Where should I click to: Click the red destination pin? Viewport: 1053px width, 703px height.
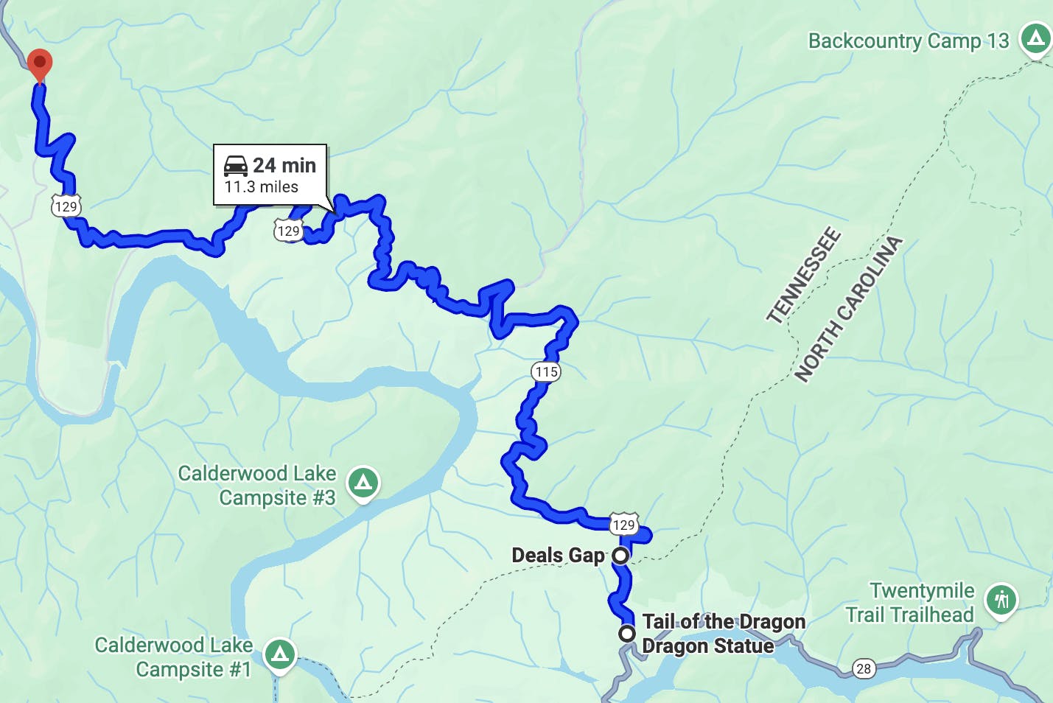coord(39,63)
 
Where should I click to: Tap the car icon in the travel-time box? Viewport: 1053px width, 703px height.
coord(236,166)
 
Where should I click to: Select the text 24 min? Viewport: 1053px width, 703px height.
coord(284,165)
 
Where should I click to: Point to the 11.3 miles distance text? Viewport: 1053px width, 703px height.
coord(261,187)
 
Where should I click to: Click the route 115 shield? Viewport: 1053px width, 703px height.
coord(546,371)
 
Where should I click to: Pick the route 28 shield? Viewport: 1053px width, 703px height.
coord(864,668)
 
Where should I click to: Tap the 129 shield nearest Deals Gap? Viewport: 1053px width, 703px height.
coord(623,524)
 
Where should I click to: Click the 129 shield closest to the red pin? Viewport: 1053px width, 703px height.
coord(66,206)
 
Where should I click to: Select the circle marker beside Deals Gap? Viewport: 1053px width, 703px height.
coord(620,555)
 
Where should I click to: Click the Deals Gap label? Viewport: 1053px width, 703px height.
coord(558,555)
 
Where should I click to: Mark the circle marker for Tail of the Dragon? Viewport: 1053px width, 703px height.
coord(626,633)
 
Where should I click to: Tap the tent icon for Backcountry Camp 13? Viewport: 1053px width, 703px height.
coord(1035,37)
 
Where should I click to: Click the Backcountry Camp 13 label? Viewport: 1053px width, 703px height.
coord(908,41)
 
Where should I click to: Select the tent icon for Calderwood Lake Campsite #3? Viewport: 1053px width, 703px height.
coord(363,483)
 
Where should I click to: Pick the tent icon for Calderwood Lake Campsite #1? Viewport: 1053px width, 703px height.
coord(279,654)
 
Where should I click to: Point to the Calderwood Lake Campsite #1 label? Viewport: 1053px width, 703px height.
coord(174,657)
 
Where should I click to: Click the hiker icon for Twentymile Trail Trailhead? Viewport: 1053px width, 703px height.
coord(1001,600)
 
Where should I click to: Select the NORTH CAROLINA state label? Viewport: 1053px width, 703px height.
coord(848,309)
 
